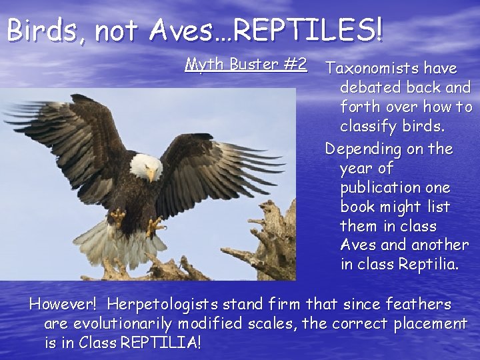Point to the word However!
pyautogui.click(x=64, y=305)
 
